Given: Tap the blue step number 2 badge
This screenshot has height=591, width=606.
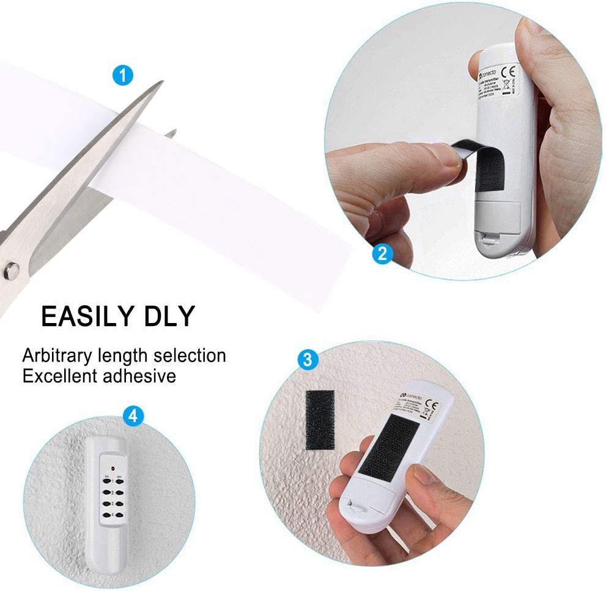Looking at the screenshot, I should [382, 253].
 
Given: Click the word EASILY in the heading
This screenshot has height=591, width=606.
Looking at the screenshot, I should [86, 317].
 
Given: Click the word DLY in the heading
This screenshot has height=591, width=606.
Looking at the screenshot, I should [164, 317].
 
